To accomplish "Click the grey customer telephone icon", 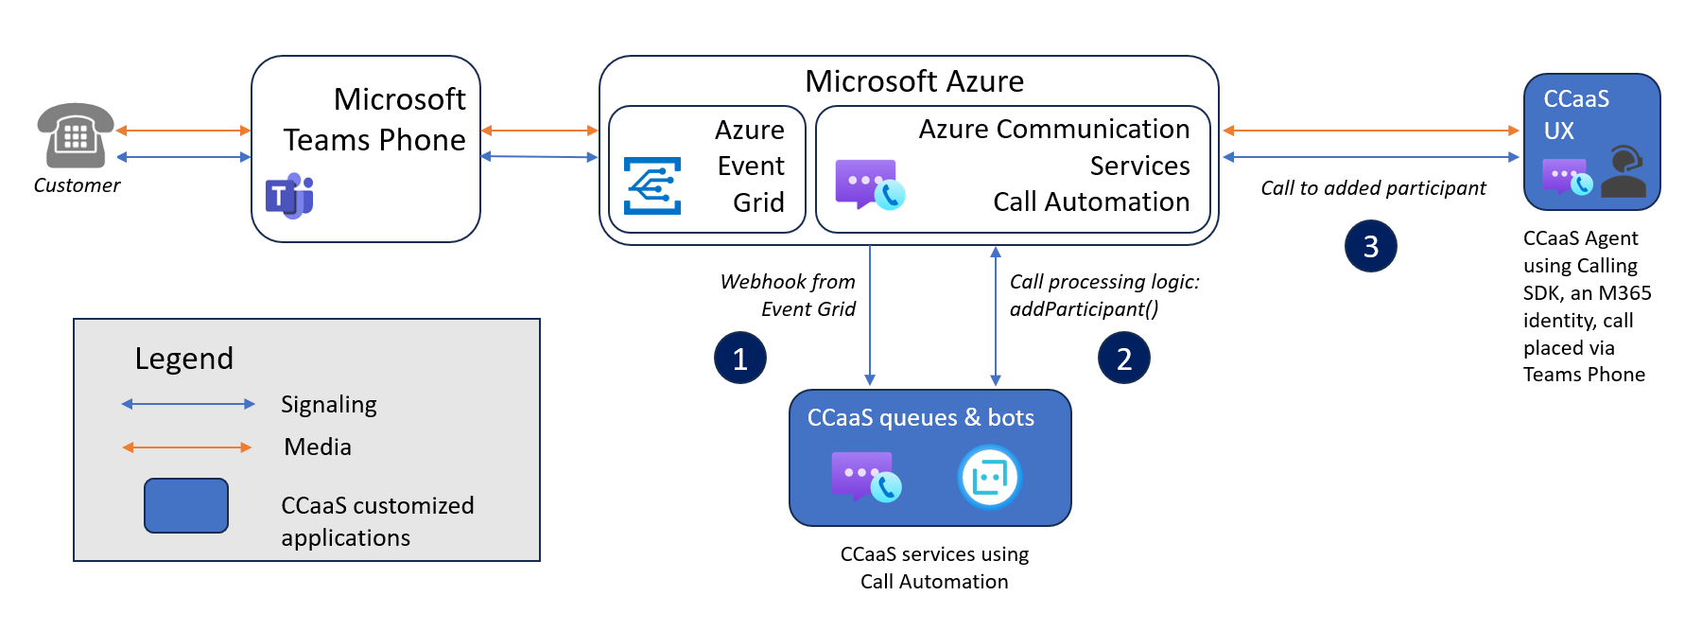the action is [76, 135].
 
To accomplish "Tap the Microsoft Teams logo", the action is [289, 196].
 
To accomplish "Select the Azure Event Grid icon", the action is [652, 185].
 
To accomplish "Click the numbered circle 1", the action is [740, 358].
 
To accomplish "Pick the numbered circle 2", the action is [1124, 358].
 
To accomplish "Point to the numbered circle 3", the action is [1371, 246].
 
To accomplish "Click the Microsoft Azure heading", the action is [914, 81].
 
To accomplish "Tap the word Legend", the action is [184, 359].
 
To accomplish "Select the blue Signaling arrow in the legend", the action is [188, 404].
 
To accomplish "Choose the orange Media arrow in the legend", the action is [187, 447].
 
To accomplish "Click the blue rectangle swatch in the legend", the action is [186, 505].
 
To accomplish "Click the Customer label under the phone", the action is [78, 185].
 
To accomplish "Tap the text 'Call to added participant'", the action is [1373, 188].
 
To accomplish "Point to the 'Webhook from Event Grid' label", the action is [788, 295].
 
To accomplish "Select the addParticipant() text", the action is [1085, 309].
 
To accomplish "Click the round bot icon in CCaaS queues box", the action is [989, 477].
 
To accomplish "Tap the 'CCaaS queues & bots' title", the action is [921, 418].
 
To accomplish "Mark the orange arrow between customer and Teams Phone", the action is [183, 131].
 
